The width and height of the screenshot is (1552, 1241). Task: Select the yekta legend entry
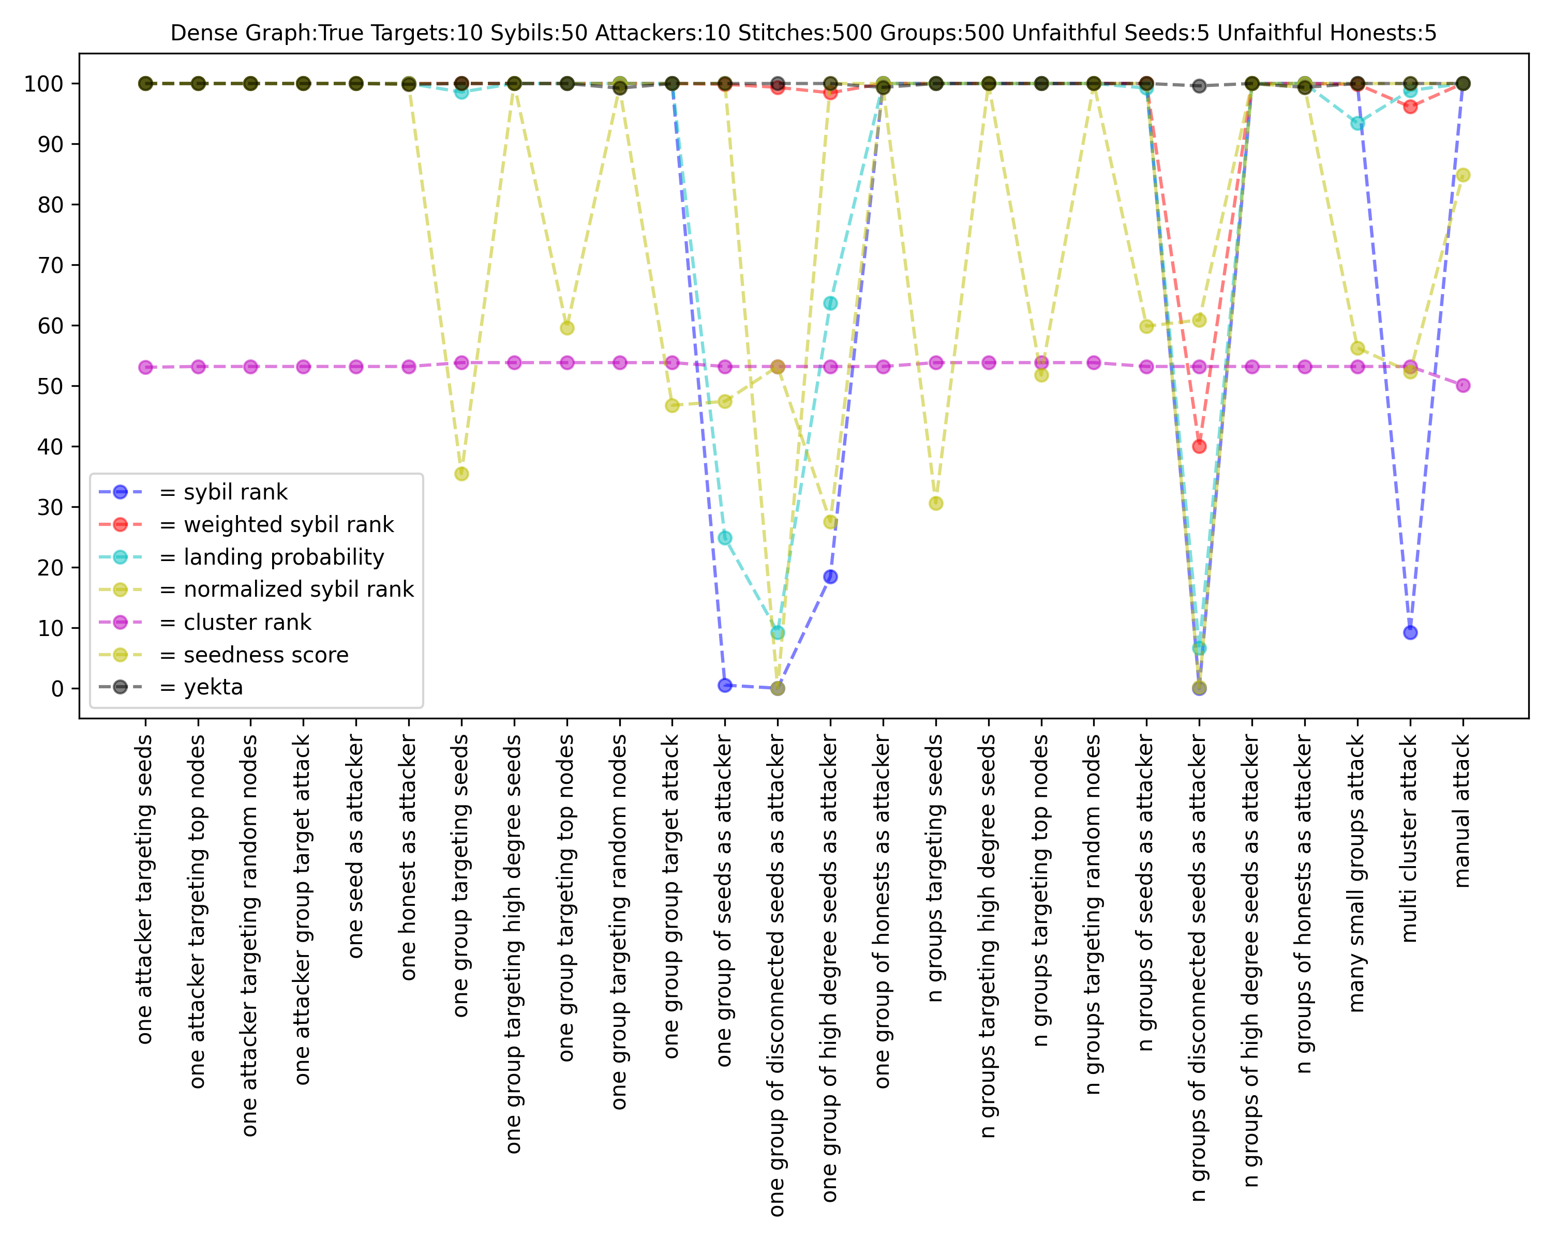point(213,687)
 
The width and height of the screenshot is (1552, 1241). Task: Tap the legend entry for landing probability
point(283,557)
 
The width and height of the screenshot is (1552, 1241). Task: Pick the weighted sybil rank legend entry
point(289,524)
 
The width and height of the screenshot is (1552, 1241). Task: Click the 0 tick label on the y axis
point(57,688)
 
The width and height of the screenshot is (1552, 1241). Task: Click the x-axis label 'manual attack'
point(1462,811)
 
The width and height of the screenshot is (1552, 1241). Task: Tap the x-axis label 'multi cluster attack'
point(1409,838)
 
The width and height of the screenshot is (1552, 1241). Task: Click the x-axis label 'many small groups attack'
point(1357,873)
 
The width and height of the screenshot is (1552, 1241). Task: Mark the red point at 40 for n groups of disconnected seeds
point(1199,447)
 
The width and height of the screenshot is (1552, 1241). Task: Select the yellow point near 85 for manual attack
point(1463,175)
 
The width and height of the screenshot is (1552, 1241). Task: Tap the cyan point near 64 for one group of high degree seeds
point(830,304)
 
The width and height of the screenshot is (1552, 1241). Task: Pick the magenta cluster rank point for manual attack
point(1463,386)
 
